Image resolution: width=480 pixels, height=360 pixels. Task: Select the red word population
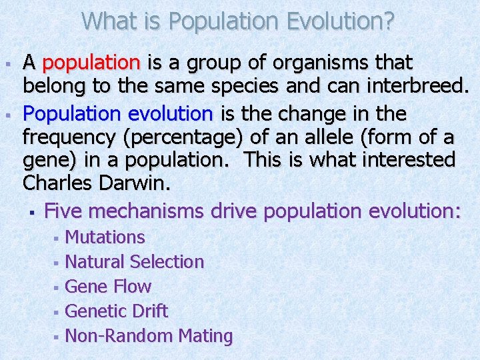point(91,63)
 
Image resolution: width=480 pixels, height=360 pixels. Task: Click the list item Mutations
point(105,237)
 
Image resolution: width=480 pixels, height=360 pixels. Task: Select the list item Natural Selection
point(135,262)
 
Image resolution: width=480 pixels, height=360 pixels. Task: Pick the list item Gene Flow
point(109,287)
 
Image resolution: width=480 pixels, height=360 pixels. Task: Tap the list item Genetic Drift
point(117,311)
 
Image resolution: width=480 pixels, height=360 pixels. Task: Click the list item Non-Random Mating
point(149,336)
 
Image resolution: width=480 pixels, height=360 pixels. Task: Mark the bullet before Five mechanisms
point(31,213)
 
